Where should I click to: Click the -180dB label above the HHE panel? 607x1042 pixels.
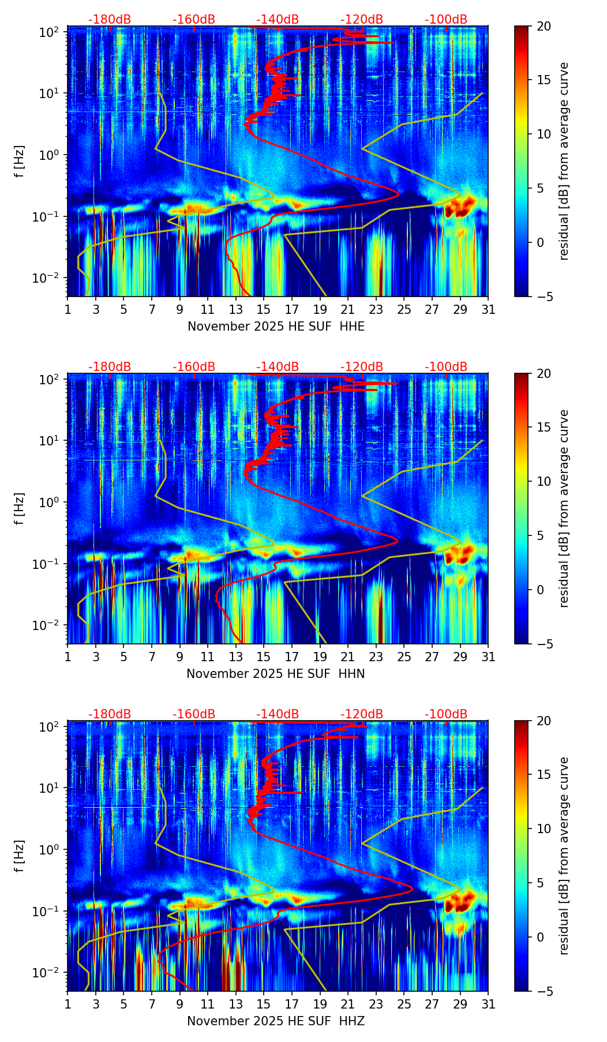click(x=110, y=20)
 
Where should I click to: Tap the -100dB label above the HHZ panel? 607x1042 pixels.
click(x=446, y=714)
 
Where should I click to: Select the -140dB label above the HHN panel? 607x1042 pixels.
click(x=278, y=367)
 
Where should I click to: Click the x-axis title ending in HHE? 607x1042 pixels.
click(x=276, y=327)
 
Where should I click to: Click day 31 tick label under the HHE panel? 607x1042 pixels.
click(x=488, y=310)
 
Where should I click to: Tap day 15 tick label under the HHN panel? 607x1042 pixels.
click(x=264, y=657)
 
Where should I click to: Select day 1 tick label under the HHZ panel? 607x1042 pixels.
click(x=68, y=1004)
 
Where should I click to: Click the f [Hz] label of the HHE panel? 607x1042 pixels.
click(x=20, y=162)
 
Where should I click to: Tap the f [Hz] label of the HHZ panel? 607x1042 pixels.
click(x=20, y=856)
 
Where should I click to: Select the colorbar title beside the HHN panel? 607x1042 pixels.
click(x=564, y=508)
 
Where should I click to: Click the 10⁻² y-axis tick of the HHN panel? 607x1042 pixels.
click(x=51, y=625)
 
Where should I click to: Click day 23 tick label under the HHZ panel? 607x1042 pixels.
click(x=376, y=1004)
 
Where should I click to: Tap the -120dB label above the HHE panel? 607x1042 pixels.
click(x=362, y=20)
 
